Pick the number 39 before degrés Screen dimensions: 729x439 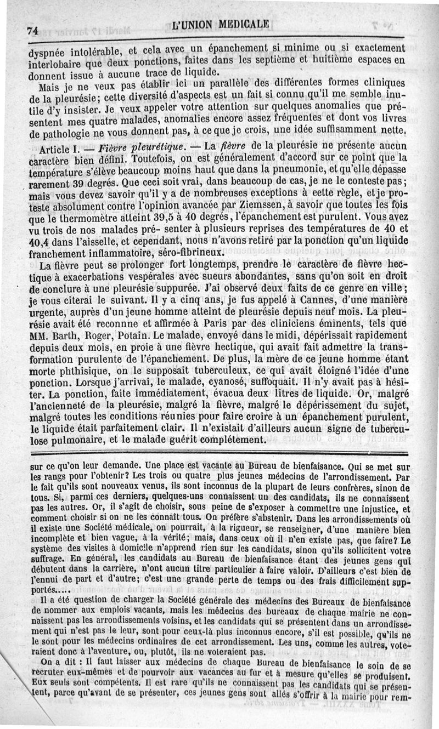tap(83, 184)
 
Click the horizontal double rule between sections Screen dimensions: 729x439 tap(219, 453)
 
